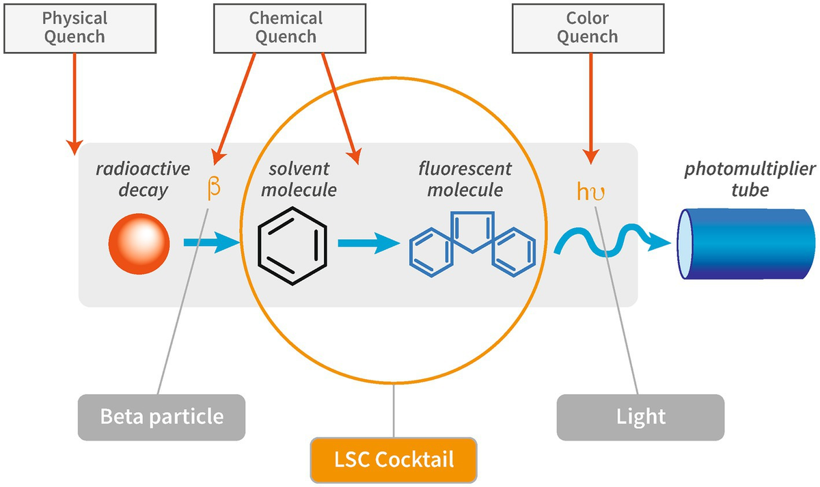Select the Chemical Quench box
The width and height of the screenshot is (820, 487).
click(286, 27)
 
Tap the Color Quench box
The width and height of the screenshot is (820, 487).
click(587, 27)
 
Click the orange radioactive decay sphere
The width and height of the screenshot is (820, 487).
click(139, 242)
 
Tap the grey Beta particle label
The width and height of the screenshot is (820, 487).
click(162, 416)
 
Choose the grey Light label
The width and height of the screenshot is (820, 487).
click(640, 416)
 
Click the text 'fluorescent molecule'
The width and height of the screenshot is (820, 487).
click(465, 179)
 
